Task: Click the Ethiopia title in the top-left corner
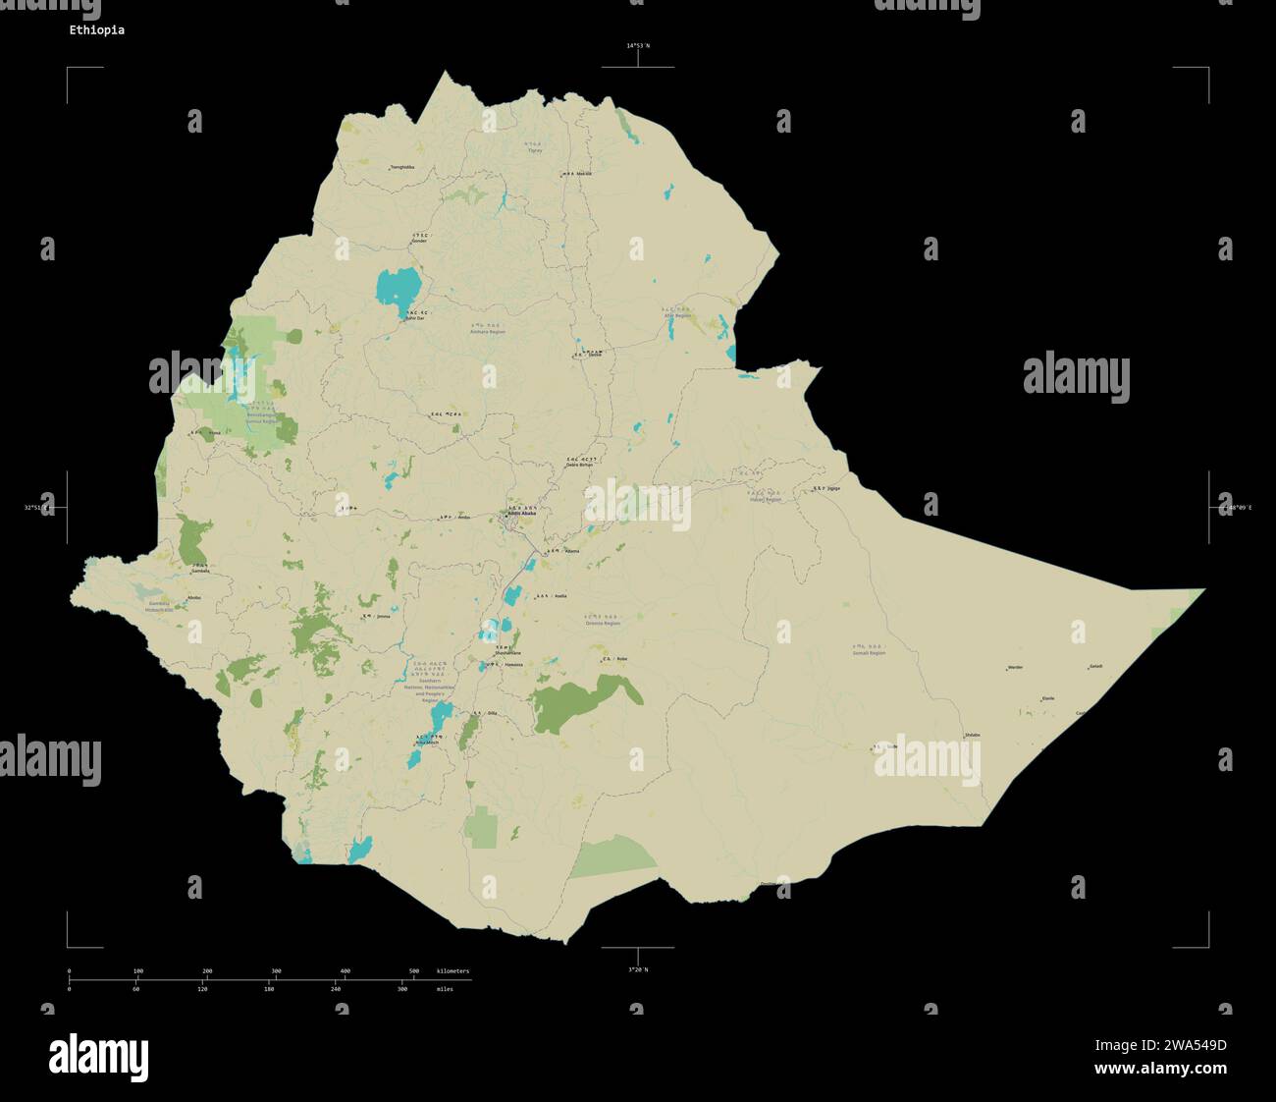[96, 30]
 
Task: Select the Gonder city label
[419, 241]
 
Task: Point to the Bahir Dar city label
[415, 318]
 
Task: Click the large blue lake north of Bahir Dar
[399, 288]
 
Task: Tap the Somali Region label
[869, 652]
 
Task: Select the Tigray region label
[535, 151]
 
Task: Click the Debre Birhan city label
[580, 465]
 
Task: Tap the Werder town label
[1015, 668]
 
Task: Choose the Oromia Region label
[603, 623]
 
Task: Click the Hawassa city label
[513, 665]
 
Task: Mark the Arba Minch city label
[427, 743]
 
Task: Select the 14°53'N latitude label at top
[638, 46]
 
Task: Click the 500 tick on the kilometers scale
[414, 971]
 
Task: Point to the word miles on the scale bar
[445, 989]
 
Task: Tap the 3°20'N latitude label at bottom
[638, 969]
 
